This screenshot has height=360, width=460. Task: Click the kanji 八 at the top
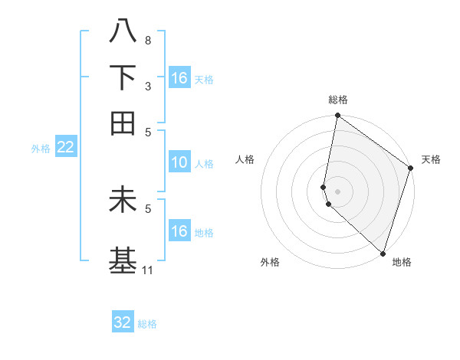(123, 31)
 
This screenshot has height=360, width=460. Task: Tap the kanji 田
(123, 123)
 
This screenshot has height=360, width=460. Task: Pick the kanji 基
(123, 259)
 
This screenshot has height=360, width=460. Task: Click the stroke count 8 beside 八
(147, 40)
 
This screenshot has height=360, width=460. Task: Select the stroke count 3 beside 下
(147, 86)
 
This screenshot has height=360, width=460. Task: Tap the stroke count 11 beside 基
(148, 270)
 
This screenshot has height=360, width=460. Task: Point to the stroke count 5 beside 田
(147, 132)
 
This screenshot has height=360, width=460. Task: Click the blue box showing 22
(65, 147)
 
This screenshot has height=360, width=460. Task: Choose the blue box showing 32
(123, 322)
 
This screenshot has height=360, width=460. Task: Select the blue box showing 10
(179, 162)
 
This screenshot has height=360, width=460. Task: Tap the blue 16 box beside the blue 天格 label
(179, 78)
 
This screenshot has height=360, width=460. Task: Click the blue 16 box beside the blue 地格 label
(179, 231)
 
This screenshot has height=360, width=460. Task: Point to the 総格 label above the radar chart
(338, 100)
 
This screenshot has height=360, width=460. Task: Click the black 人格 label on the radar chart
(245, 159)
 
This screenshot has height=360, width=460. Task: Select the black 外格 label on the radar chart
(270, 262)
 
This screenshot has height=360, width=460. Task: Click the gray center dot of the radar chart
(338, 191)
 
